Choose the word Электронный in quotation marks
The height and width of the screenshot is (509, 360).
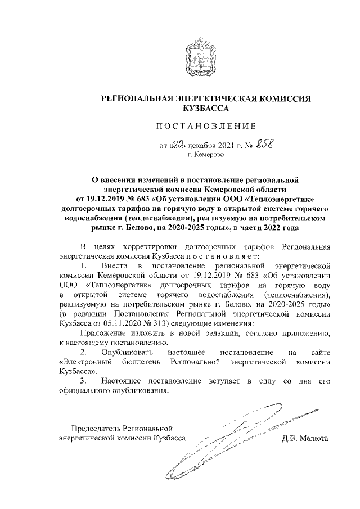(84, 362)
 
